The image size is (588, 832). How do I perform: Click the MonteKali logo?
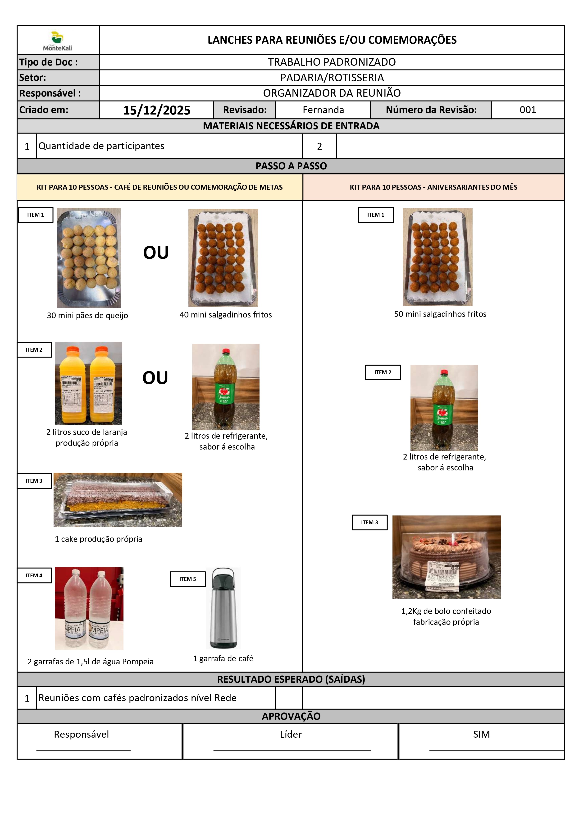pos(58,41)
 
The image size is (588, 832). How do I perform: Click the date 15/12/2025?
pos(156,110)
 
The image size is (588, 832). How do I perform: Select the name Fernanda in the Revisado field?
pos(323,110)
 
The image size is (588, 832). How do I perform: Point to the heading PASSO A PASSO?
pos(291,166)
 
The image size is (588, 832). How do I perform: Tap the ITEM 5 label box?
pos(188,579)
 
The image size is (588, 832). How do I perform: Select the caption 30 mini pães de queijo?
pos(87,315)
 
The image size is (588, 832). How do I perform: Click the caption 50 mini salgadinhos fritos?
pos(440,314)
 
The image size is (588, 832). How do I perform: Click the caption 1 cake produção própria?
pos(98,539)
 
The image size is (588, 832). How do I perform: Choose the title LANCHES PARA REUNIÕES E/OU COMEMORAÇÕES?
pos(332,40)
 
